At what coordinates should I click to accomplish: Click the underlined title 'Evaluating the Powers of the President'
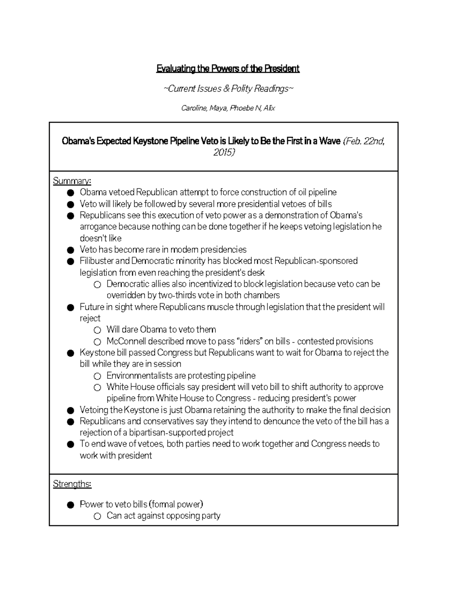pyautogui.click(x=228, y=69)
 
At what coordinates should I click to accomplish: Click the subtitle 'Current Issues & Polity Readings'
pyautogui.click(x=228, y=89)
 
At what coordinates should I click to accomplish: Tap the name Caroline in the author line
pyautogui.click(x=194, y=108)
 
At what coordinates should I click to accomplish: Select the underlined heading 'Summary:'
pyautogui.click(x=72, y=181)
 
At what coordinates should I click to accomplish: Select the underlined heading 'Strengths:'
pyautogui.click(x=72, y=484)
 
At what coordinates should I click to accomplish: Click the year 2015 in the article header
pyautogui.click(x=224, y=153)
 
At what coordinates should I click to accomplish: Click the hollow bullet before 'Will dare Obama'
pyautogui.click(x=97, y=330)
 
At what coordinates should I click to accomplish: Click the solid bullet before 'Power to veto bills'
pyautogui.click(x=70, y=505)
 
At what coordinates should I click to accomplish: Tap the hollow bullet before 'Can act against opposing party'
pyautogui.click(x=97, y=516)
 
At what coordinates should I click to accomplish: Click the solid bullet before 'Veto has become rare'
pyautogui.click(x=70, y=250)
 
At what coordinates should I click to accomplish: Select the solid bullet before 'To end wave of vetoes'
pyautogui.click(x=70, y=444)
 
